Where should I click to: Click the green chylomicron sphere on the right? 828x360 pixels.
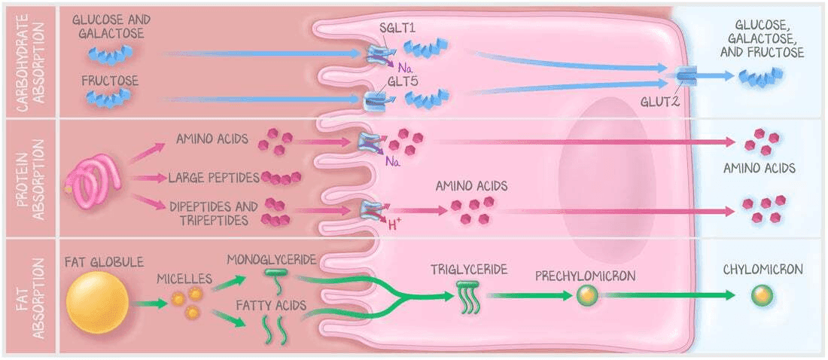[x=762, y=295]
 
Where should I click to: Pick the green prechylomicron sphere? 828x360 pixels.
[x=587, y=295]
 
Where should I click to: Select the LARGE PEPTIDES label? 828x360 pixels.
[x=214, y=178]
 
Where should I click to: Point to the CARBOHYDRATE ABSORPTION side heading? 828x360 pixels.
[x=29, y=59]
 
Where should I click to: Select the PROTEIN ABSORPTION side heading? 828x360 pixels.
[x=29, y=178]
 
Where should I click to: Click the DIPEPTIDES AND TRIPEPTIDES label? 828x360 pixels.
[x=213, y=212]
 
